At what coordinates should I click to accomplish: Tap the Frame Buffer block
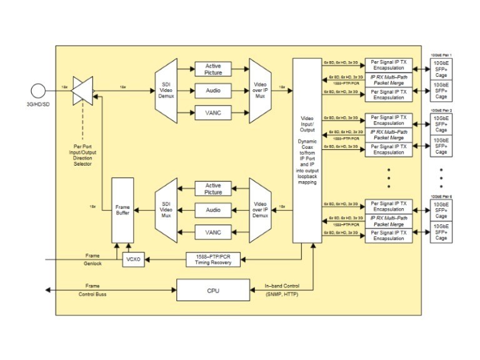123,209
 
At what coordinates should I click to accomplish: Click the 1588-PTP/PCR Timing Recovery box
213,260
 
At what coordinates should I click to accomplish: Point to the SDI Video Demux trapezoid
166,91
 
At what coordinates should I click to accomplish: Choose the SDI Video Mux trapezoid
166,209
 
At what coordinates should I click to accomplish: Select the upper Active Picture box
213,68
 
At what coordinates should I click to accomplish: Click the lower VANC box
213,232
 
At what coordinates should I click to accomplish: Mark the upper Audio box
213,91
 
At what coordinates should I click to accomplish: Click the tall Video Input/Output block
307,151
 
